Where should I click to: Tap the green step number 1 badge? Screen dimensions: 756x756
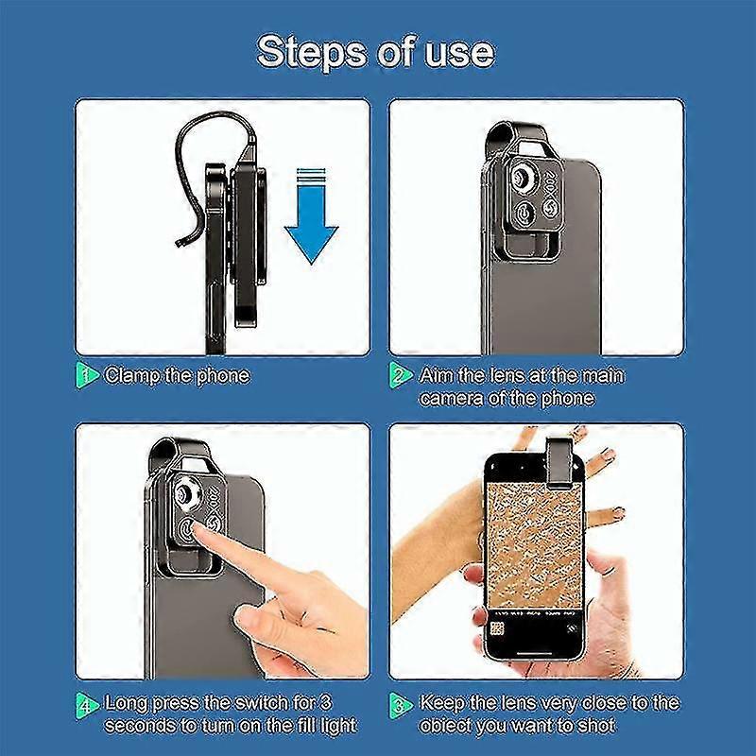pyautogui.click(x=87, y=376)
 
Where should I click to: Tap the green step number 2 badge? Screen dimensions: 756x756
pyautogui.click(x=401, y=376)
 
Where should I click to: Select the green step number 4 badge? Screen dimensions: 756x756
pyautogui.click(x=87, y=704)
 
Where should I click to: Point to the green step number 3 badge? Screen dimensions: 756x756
pyautogui.click(x=401, y=704)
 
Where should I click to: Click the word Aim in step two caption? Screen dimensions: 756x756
pyautogui.click(x=435, y=376)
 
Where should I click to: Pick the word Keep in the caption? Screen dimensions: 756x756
pyautogui.click(x=441, y=704)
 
